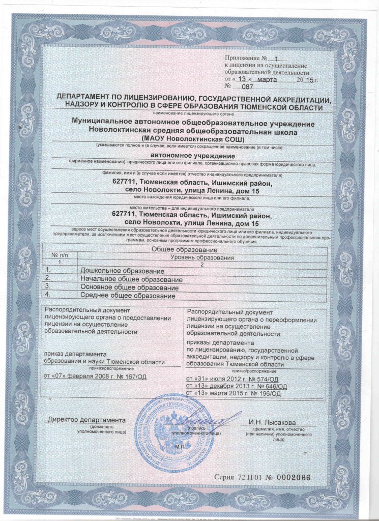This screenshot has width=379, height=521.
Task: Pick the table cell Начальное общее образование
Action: tap(131, 280)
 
